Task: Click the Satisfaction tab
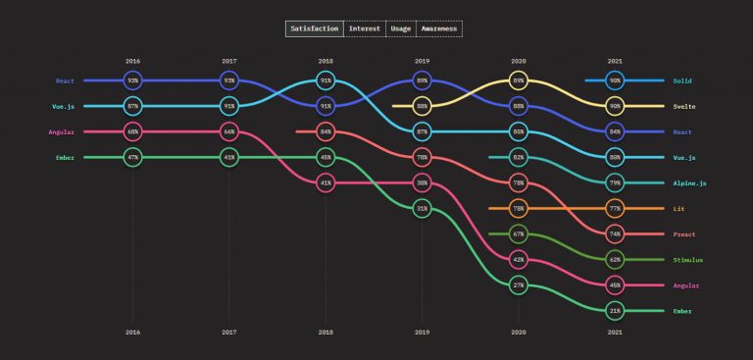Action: (x=315, y=28)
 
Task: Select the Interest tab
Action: (x=365, y=28)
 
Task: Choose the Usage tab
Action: (x=400, y=28)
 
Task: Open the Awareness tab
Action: (x=438, y=28)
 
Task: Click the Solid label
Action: (x=683, y=80)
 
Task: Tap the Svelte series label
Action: (x=685, y=106)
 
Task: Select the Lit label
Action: (x=679, y=208)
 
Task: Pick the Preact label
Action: (x=685, y=233)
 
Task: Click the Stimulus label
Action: (x=689, y=259)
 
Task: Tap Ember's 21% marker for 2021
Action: (x=615, y=310)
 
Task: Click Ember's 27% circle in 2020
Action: (x=519, y=284)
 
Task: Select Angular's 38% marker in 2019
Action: (x=422, y=182)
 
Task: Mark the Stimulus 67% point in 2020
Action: (x=519, y=233)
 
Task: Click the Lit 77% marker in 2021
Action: (x=615, y=208)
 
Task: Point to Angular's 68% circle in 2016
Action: (x=133, y=131)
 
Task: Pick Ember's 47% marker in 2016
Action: (x=133, y=157)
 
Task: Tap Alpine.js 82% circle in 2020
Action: (x=519, y=157)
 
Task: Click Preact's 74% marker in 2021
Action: (x=615, y=233)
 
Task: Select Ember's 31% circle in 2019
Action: (x=422, y=208)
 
